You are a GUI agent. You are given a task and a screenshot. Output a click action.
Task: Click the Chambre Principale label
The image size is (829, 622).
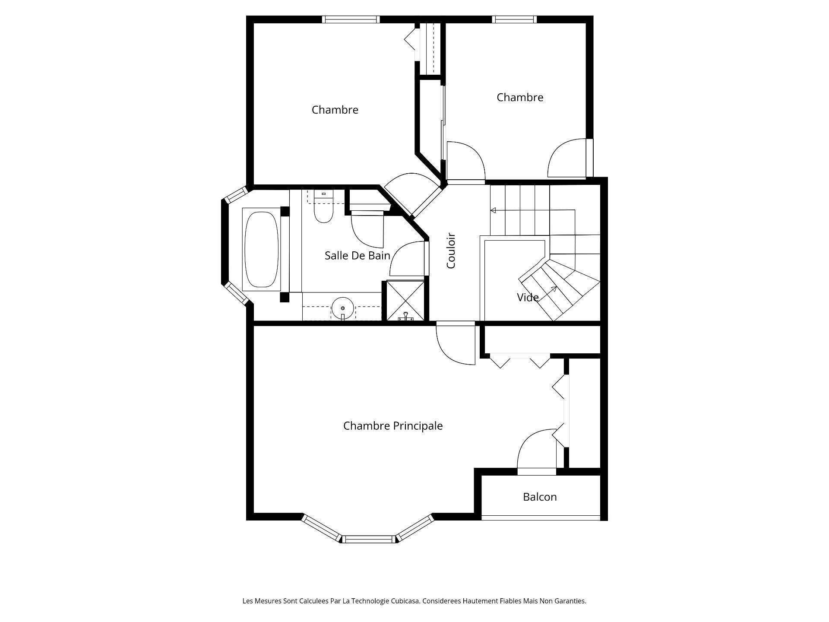click(x=393, y=426)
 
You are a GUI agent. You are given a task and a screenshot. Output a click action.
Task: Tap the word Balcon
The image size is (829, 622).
click(x=540, y=497)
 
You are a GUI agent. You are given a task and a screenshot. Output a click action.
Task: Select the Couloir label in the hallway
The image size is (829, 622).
click(x=451, y=251)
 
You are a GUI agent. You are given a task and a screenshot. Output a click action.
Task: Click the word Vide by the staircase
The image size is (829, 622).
click(x=528, y=297)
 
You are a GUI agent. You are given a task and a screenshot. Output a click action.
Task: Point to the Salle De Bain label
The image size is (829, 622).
click(x=357, y=255)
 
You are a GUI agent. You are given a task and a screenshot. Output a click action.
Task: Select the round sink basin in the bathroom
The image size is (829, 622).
click(x=342, y=308)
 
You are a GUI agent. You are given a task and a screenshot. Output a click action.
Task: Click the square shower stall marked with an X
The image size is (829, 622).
click(x=405, y=300)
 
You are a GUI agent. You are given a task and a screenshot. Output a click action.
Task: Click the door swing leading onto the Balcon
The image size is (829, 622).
click(x=535, y=451)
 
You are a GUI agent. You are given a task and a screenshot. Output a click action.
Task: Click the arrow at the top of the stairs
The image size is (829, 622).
click(x=494, y=210)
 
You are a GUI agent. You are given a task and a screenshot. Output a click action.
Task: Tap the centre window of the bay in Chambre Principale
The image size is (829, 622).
click(x=369, y=539)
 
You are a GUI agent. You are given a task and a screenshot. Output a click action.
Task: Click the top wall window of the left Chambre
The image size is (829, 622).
click(x=351, y=19)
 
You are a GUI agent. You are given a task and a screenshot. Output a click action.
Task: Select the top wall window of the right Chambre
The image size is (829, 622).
click(x=514, y=19)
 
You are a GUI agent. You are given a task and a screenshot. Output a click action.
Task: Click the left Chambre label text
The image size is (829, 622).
click(x=335, y=110)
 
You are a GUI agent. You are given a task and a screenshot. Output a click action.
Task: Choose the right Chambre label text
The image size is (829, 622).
click(x=519, y=97)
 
